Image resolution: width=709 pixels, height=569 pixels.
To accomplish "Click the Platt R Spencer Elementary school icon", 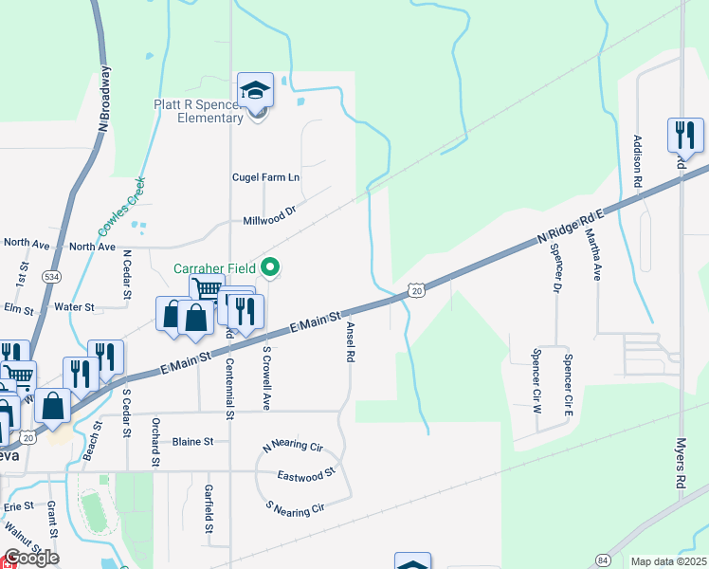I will [255, 90].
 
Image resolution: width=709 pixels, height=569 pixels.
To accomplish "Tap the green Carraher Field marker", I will [270, 268].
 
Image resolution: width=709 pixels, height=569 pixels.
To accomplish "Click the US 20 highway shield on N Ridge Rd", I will [417, 291].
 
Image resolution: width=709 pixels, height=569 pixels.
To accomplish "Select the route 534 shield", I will [53, 276].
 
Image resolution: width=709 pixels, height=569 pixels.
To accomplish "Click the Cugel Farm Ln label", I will [265, 177].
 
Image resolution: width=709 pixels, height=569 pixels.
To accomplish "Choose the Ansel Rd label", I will [351, 342].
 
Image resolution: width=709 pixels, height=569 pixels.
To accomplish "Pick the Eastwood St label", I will [307, 473].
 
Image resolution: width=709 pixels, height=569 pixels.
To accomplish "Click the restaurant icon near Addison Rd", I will [684, 136].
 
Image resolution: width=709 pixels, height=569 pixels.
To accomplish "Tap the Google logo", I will [30, 558].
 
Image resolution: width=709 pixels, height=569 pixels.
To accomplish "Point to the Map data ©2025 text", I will [668, 561].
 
